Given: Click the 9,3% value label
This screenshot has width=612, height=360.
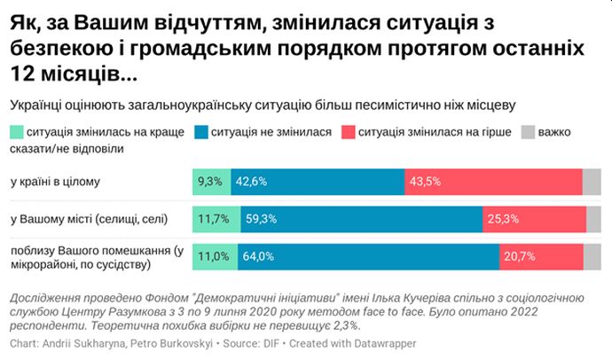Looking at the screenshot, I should [210, 181].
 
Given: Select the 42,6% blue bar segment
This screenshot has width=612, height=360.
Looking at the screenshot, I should [318, 181].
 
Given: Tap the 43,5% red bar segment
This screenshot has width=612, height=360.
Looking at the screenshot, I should [493, 181].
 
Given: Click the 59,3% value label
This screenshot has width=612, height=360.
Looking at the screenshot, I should [258, 219].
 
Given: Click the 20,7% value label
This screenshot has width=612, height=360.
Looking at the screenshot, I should [521, 257].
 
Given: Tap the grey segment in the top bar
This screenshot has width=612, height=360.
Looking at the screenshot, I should [592, 181].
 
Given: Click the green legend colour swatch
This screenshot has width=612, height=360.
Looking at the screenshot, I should [17, 132].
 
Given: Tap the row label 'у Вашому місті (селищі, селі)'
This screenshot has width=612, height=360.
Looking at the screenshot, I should [89, 219].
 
